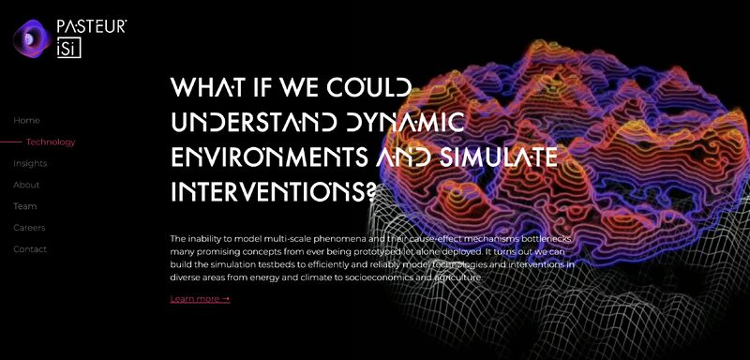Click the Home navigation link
(26, 120)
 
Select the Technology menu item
(51, 142)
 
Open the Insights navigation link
(30, 163)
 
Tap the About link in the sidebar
(26, 185)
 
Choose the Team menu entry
(25, 206)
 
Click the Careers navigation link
(29, 228)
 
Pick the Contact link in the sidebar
(30, 249)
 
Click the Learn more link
(200, 299)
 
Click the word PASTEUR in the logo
(91, 28)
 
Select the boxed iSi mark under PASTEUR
(69, 49)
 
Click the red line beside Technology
(10, 142)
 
